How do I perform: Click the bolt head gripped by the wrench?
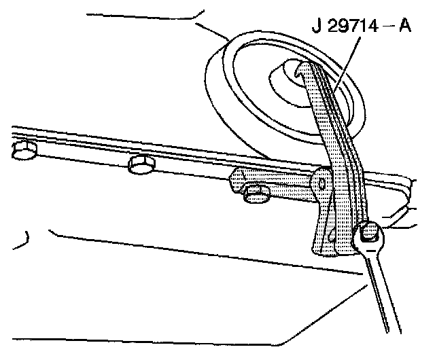369,233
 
